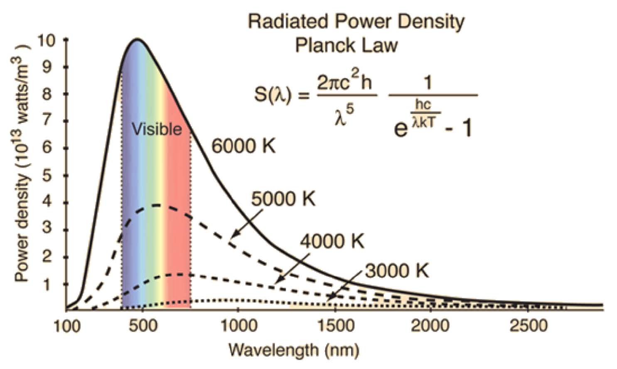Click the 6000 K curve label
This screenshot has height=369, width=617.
tap(243, 146)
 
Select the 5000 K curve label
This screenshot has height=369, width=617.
tap(284, 199)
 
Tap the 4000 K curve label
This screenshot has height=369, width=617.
tap(332, 241)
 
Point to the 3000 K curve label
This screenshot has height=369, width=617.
tap(397, 271)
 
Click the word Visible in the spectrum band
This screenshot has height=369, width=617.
tap(157, 129)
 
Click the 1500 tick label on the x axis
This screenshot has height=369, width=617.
tap(335, 325)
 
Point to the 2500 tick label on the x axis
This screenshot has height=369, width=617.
tap(528, 325)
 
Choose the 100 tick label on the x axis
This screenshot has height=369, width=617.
tap(66, 325)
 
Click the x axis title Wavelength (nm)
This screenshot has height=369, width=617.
tap(293, 350)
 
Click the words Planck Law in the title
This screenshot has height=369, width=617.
tap(346, 45)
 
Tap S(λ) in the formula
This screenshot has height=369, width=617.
tap(273, 95)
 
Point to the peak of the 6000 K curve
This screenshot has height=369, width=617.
tap(137, 40)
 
